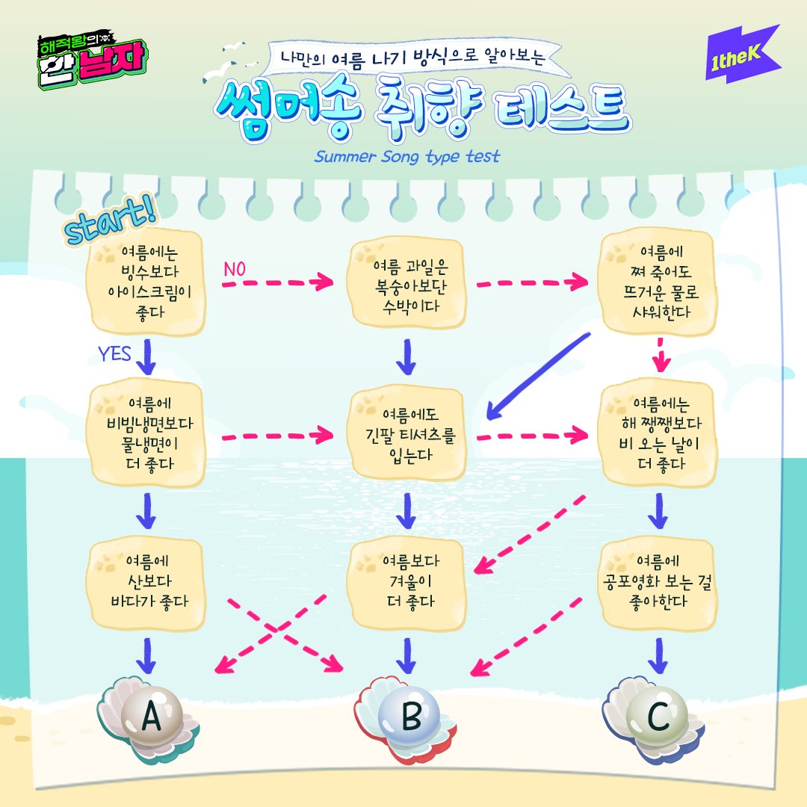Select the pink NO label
234,269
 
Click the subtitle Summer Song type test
407,158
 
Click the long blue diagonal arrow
538,372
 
